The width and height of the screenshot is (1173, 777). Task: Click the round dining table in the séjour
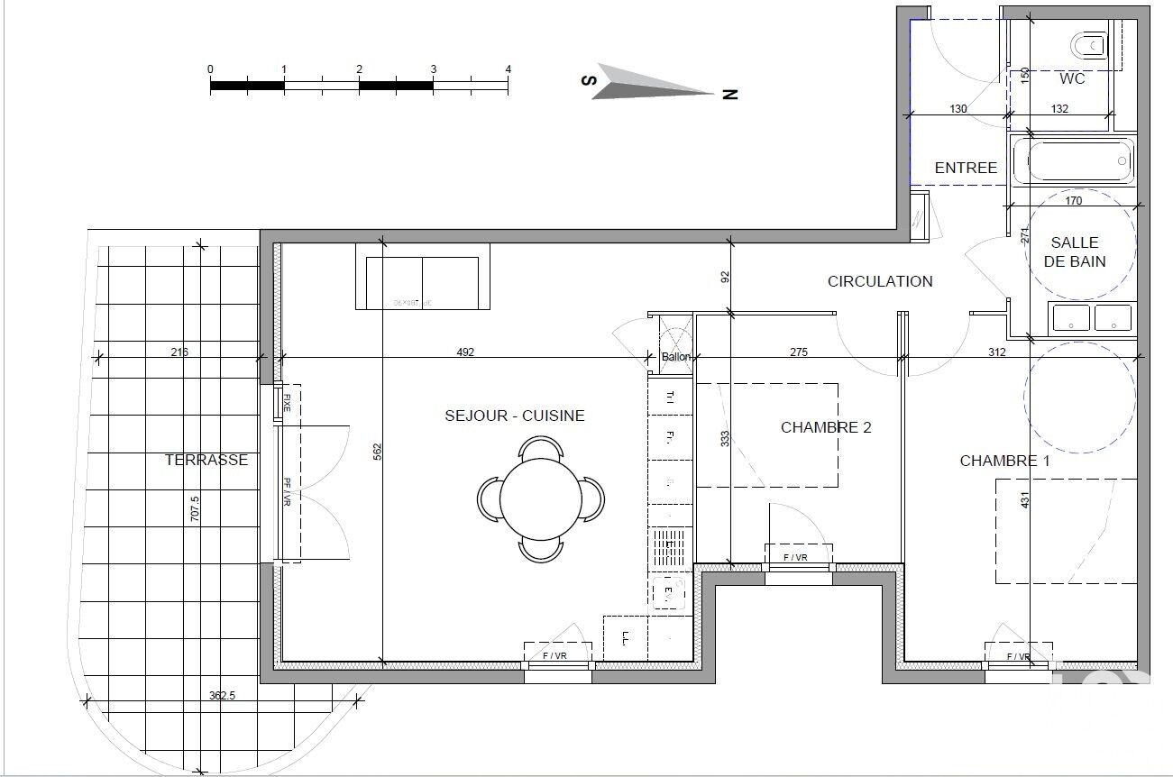pyautogui.click(x=540, y=498)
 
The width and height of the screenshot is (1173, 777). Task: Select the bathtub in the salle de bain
pyautogui.click(x=1071, y=160)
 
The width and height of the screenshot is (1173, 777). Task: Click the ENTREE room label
pyautogui.click(x=966, y=168)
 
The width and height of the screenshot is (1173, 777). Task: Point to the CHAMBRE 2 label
pyautogui.click(x=826, y=427)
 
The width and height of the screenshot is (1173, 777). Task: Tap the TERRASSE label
pyautogui.click(x=206, y=460)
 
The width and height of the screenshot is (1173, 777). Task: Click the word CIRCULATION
pyautogui.click(x=880, y=281)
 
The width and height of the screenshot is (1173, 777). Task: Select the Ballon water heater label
pyautogui.click(x=676, y=357)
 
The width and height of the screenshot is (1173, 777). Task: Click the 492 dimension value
pyautogui.click(x=465, y=352)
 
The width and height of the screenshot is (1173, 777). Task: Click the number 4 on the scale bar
pyautogui.click(x=509, y=69)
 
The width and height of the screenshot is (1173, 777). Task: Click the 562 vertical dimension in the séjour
pyautogui.click(x=377, y=448)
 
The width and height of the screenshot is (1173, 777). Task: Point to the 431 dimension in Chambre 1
pyautogui.click(x=1023, y=499)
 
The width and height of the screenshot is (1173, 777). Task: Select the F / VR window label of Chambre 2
pyautogui.click(x=795, y=558)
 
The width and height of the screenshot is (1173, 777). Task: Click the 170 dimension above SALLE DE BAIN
pyautogui.click(x=1073, y=201)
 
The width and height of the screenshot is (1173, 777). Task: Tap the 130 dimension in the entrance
pyautogui.click(x=958, y=109)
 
